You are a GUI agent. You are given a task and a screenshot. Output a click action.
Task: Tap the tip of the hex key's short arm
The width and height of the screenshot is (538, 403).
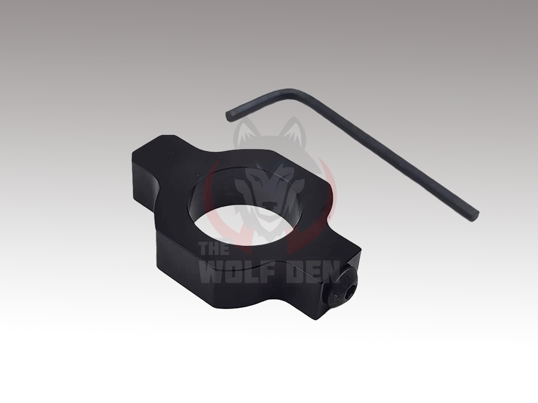point(229,116)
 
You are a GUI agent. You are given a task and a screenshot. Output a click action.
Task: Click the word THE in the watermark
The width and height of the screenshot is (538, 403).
point(215,249)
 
